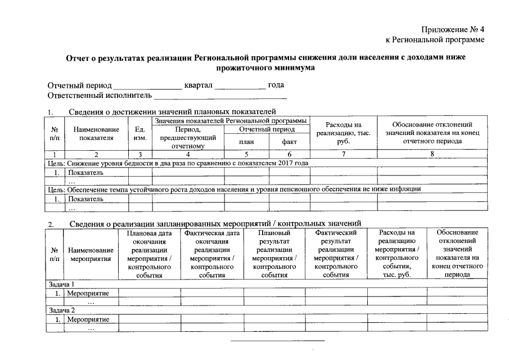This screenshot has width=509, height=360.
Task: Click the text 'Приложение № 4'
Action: [452, 29]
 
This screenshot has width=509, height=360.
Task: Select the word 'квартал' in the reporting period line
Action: [197, 85]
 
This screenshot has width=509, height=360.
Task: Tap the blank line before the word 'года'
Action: [240, 86]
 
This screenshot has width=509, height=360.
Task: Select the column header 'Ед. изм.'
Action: [140, 133]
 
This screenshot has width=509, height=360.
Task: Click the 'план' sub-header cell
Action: [246, 142]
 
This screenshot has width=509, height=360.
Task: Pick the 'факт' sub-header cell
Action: [289, 142]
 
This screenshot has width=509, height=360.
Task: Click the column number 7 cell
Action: [343, 154]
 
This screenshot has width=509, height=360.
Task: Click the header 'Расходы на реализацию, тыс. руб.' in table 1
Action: [343, 133]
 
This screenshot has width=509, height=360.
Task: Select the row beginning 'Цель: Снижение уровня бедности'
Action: [177, 163]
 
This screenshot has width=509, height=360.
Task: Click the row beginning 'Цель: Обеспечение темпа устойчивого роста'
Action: [233, 190]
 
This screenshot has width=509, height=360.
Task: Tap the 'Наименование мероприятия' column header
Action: [90, 254]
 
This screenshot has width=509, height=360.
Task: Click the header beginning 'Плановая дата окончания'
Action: [149, 254]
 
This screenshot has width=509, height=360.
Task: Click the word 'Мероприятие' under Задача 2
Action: [88, 319]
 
